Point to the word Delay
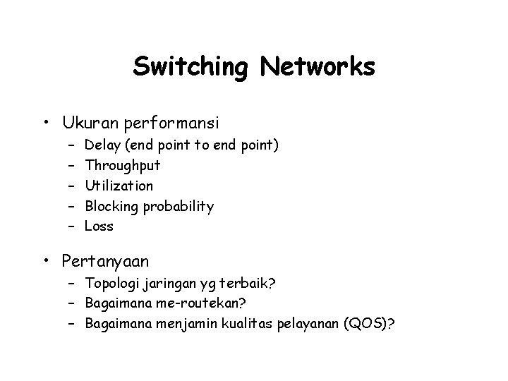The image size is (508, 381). pos(101,145)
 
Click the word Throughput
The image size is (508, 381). pos(123,167)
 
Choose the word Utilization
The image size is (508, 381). pos(119,186)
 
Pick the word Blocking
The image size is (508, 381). pos(111,206)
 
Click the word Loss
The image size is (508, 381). pos(99,226)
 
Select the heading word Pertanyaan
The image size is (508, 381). pos(105,262)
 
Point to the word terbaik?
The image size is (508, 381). pos(250,284)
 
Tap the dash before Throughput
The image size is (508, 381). pos(73,166)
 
